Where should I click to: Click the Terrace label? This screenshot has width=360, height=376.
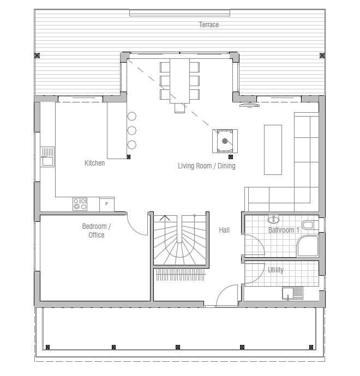coord(209,25)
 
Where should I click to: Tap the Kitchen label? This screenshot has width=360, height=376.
coord(94,163)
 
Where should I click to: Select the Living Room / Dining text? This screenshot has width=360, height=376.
coord(207,166)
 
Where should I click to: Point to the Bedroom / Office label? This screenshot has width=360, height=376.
coord(96,231)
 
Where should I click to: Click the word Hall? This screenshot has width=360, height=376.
coord(224,230)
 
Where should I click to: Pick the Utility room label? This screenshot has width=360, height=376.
coord(275,270)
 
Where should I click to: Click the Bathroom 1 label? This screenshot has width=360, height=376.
coord(284,230)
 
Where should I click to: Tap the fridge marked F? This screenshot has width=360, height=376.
coord(107,204)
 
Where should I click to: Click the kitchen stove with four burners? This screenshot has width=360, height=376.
coord(80,204)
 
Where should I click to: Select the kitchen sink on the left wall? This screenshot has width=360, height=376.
coord(47,157)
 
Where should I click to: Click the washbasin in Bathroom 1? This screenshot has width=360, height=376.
coord(273,219)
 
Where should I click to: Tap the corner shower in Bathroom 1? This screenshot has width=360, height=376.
coord(308,246)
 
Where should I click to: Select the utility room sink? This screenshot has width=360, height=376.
coord(292,293)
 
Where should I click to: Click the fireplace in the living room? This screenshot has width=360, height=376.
coord(225,141)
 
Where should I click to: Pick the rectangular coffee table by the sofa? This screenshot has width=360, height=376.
coord(273,150)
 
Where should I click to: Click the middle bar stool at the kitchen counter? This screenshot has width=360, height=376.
coord(132,130)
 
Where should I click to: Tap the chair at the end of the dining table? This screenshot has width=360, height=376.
coord(180,108)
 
